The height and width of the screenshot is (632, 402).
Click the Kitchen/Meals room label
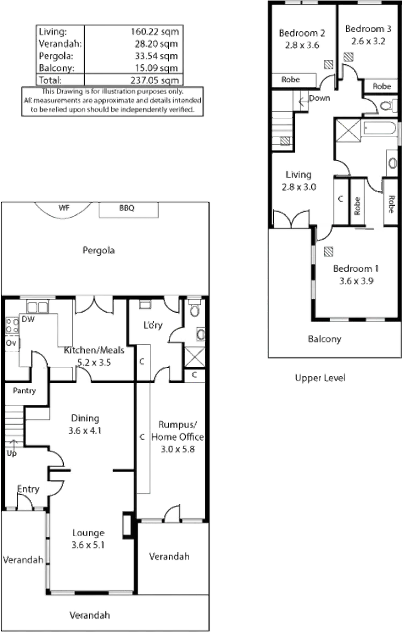[94, 350]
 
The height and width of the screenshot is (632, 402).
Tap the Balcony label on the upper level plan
[324, 338]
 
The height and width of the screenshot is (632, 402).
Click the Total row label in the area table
[49, 79]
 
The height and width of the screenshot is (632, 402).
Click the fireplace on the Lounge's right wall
[126, 525]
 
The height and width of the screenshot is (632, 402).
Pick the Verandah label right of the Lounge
[169, 556]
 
